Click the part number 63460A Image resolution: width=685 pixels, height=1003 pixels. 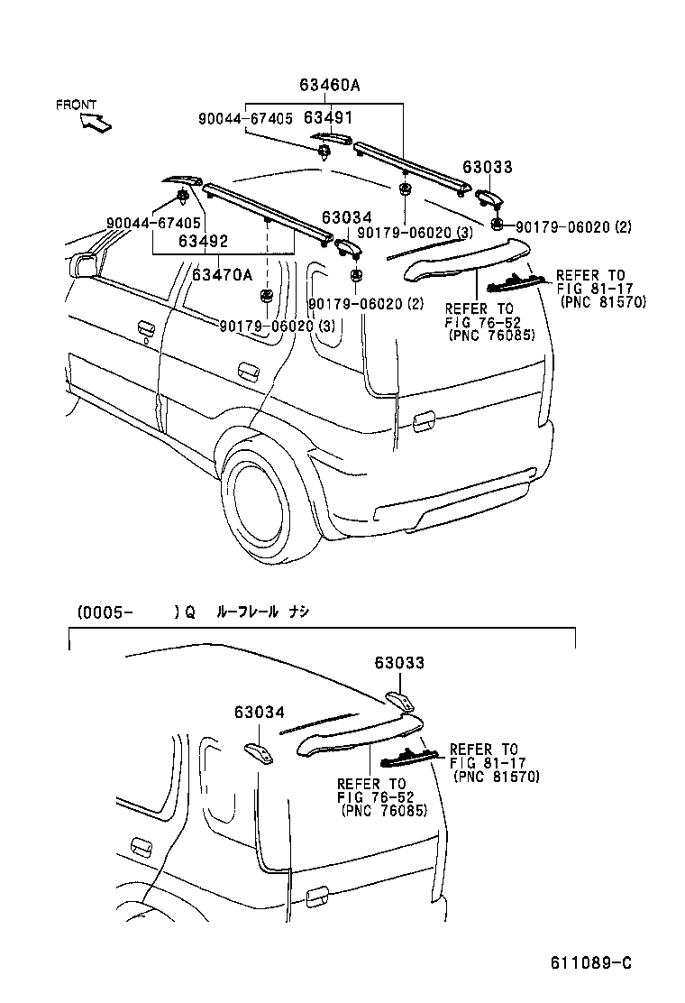click(330, 86)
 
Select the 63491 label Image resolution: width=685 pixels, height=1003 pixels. click(327, 118)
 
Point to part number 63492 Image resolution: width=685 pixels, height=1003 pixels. click(203, 242)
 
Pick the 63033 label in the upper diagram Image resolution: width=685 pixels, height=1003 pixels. click(488, 167)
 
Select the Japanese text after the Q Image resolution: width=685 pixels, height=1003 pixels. click(262, 612)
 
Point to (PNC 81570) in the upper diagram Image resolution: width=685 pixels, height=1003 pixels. click(603, 302)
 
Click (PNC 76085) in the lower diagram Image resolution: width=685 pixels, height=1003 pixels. click(385, 809)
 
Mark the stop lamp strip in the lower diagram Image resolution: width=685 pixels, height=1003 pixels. click(410, 757)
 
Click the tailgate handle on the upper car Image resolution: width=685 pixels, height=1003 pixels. click(421, 419)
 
